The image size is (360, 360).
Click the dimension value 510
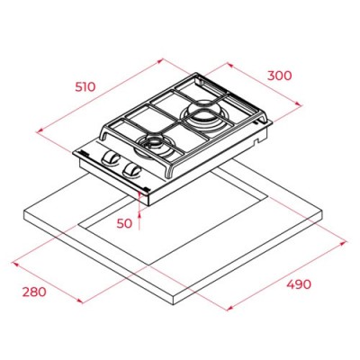pyautogui.click(x=85, y=87)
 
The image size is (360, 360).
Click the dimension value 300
pyautogui.click(x=280, y=77)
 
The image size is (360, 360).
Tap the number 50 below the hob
pyautogui.click(x=124, y=221)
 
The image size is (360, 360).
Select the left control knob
pyautogui.click(x=113, y=159)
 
